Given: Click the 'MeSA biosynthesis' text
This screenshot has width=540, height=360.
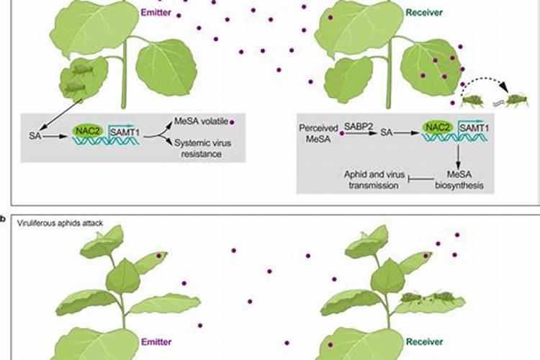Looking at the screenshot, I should pyautogui.click(x=459, y=181).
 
